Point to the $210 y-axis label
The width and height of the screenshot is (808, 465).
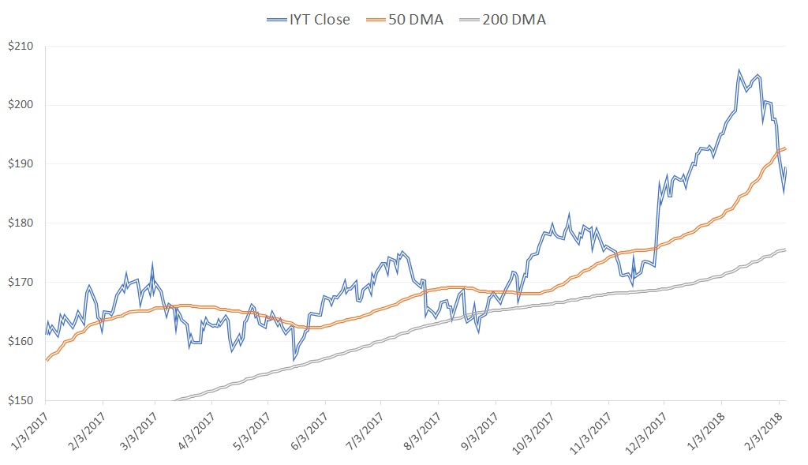pyautogui.click(x=21, y=46)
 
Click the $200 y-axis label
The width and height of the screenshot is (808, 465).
pyautogui.click(x=21, y=105)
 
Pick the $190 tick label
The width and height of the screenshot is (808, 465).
pyautogui.click(x=21, y=164)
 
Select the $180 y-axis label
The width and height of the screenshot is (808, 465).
pyautogui.click(x=21, y=223)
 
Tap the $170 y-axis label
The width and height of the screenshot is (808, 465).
pyautogui.click(x=21, y=283)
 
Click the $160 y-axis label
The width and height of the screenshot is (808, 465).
pyautogui.click(x=21, y=342)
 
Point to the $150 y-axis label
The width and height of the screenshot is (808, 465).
pyautogui.click(x=21, y=400)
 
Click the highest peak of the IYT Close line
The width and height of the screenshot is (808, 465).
pyautogui.click(x=739, y=70)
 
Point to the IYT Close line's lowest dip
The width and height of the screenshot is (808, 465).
pyautogui.click(x=294, y=360)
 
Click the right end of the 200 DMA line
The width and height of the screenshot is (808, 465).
pyautogui.click(x=785, y=249)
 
